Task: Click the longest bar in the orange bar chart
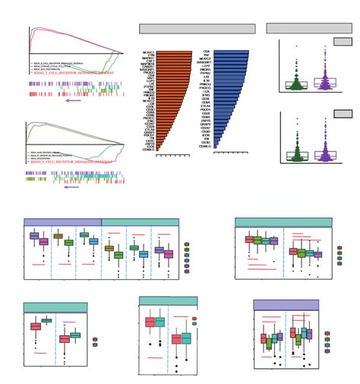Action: point(174,52)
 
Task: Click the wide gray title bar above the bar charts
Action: point(197,29)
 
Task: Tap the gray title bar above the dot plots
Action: point(309,28)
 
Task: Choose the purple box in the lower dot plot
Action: point(324,154)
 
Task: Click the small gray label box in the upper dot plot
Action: point(343,42)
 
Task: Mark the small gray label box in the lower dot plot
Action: point(343,113)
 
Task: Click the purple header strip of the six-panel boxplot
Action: point(62,222)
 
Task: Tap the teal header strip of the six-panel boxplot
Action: point(140,222)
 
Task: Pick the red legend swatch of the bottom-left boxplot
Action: point(94,339)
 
